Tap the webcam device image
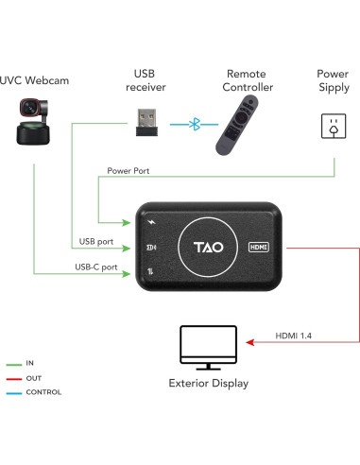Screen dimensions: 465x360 coord(34,128)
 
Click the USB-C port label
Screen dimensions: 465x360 coord(96,267)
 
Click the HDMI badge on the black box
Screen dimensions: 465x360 coord(260,246)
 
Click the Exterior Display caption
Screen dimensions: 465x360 coord(208,383)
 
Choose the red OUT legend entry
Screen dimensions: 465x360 coord(28,377)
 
